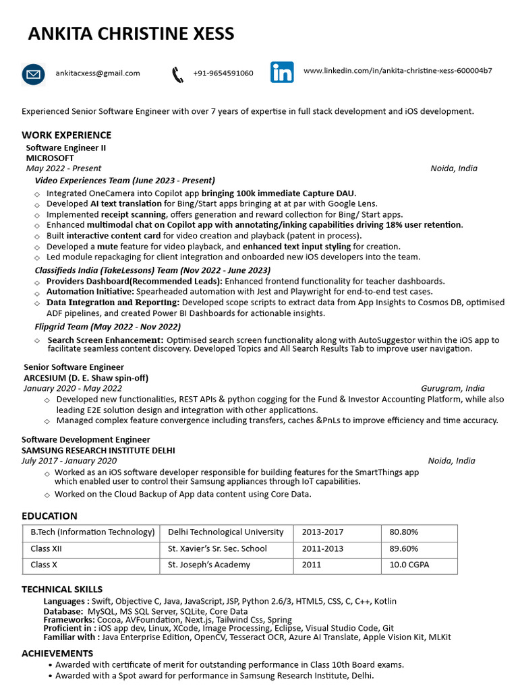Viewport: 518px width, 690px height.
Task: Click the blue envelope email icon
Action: click(33, 74)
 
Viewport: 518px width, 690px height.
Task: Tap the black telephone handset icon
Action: click(177, 74)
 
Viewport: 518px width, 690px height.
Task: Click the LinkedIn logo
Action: click(282, 72)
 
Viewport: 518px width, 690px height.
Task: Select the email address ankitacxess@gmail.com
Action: click(98, 73)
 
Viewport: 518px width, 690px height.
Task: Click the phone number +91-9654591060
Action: click(223, 73)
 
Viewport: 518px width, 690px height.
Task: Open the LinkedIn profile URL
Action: click(397, 71)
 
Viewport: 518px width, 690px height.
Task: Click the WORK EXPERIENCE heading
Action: click(66, 135)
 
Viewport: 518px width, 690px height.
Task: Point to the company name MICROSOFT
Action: click(50, 158)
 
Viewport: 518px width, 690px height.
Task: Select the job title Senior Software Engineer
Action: click(74, 367)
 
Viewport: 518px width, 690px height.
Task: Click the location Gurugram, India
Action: click(453, 389)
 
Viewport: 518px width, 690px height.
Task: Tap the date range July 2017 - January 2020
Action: click(69, 461)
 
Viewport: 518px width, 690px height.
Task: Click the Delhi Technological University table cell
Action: click(225, 532)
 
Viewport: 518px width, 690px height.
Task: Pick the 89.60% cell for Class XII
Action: click(403, 548)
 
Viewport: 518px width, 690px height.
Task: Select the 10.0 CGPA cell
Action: click(409, 565)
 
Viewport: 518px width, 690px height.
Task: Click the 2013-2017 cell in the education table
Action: click(322, 532)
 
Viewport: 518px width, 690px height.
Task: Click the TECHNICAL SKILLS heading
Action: click(62, 590)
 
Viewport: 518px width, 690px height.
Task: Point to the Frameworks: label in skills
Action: click(68, 620)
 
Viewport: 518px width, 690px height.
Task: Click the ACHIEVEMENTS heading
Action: click(57, 654)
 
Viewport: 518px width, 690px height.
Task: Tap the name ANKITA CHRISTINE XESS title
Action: click(131, 34)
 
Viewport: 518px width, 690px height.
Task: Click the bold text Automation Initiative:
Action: click(90, 292)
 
